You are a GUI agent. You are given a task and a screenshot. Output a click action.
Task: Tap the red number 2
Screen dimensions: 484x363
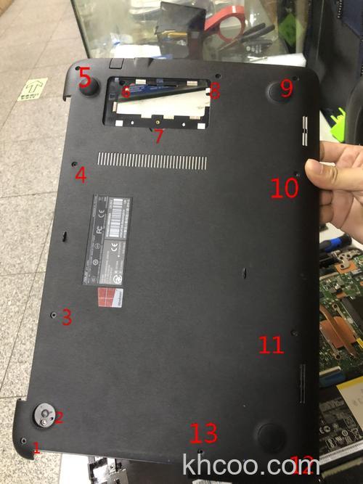(60, 417)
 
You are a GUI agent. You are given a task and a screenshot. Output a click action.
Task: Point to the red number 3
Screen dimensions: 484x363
(66, 317)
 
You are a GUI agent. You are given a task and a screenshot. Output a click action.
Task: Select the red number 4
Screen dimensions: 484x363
(81, 174)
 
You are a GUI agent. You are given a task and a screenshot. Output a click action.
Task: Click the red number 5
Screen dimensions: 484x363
(86, 75)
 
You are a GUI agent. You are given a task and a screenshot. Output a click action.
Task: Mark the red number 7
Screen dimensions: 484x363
(159, 136)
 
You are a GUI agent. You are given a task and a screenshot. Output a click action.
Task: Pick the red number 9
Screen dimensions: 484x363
(286, 89)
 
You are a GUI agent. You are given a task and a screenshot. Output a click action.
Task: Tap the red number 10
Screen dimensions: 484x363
(285, 188)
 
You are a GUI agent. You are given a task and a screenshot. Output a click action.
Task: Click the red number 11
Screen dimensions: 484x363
(271, 343)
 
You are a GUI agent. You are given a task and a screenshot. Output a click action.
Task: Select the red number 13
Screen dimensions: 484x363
(203, 433)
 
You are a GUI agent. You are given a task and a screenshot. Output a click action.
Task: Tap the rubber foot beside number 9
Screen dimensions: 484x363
(282, 91)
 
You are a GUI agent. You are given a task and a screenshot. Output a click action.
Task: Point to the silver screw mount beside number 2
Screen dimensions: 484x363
(45, 414)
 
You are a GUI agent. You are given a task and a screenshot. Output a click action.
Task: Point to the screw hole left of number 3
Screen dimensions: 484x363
(54, 314)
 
